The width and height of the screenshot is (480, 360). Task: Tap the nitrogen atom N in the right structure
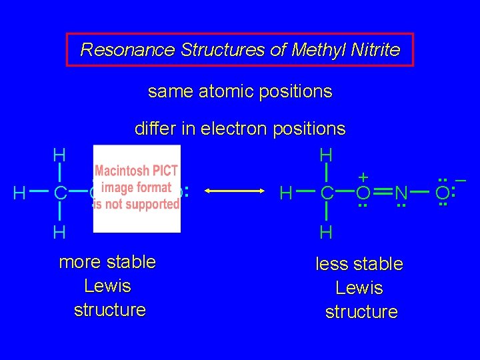pos(401,194)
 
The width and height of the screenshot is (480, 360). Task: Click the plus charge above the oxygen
pos(363,177)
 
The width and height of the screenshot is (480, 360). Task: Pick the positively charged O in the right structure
pos(363,194)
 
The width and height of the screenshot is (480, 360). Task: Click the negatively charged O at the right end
pos(443,194)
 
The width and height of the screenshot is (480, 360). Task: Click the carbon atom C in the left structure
pos(60,194)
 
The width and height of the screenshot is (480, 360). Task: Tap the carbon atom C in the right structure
pos(327,194)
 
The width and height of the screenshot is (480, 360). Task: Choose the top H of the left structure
pos(59,155)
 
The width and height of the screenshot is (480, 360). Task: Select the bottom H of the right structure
pos(326,233)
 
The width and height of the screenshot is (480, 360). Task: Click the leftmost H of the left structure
pos(20,194)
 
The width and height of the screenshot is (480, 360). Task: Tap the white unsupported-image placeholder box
pos(137,189)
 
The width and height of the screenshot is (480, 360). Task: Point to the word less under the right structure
pos(331,265)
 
